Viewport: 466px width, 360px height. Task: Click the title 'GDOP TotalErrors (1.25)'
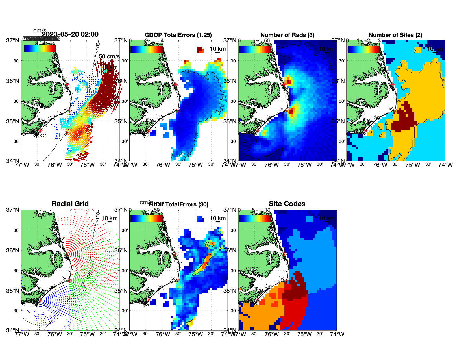[x=178, y=35]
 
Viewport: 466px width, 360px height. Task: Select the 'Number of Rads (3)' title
[x=287, y=35]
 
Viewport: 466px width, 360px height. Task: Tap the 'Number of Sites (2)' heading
[x=395, y=35]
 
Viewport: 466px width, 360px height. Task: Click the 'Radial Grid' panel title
[x=70, y=204]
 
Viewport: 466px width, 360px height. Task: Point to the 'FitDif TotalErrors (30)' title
[x=178, y=204]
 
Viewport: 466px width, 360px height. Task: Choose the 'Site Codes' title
[x=287, y=204]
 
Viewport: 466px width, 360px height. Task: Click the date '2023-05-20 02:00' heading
[x=70, y=34]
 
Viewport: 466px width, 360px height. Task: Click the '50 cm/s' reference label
[x=109, y=56]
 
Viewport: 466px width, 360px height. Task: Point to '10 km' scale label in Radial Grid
[x=109, y=218]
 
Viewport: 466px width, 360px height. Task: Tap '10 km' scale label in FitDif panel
[x=217, y=218]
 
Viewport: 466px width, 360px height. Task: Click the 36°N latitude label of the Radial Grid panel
[x=13, y=250]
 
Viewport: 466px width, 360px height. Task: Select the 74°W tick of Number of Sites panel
[x=445, y=165]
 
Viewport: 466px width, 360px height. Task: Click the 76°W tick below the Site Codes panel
[x=271, y=334]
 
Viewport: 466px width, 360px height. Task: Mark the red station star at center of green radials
[x=69, y=280]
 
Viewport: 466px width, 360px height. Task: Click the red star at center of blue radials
[x=40, y=300]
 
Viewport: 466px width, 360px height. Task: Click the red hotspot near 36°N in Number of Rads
[x=288, y=82]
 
